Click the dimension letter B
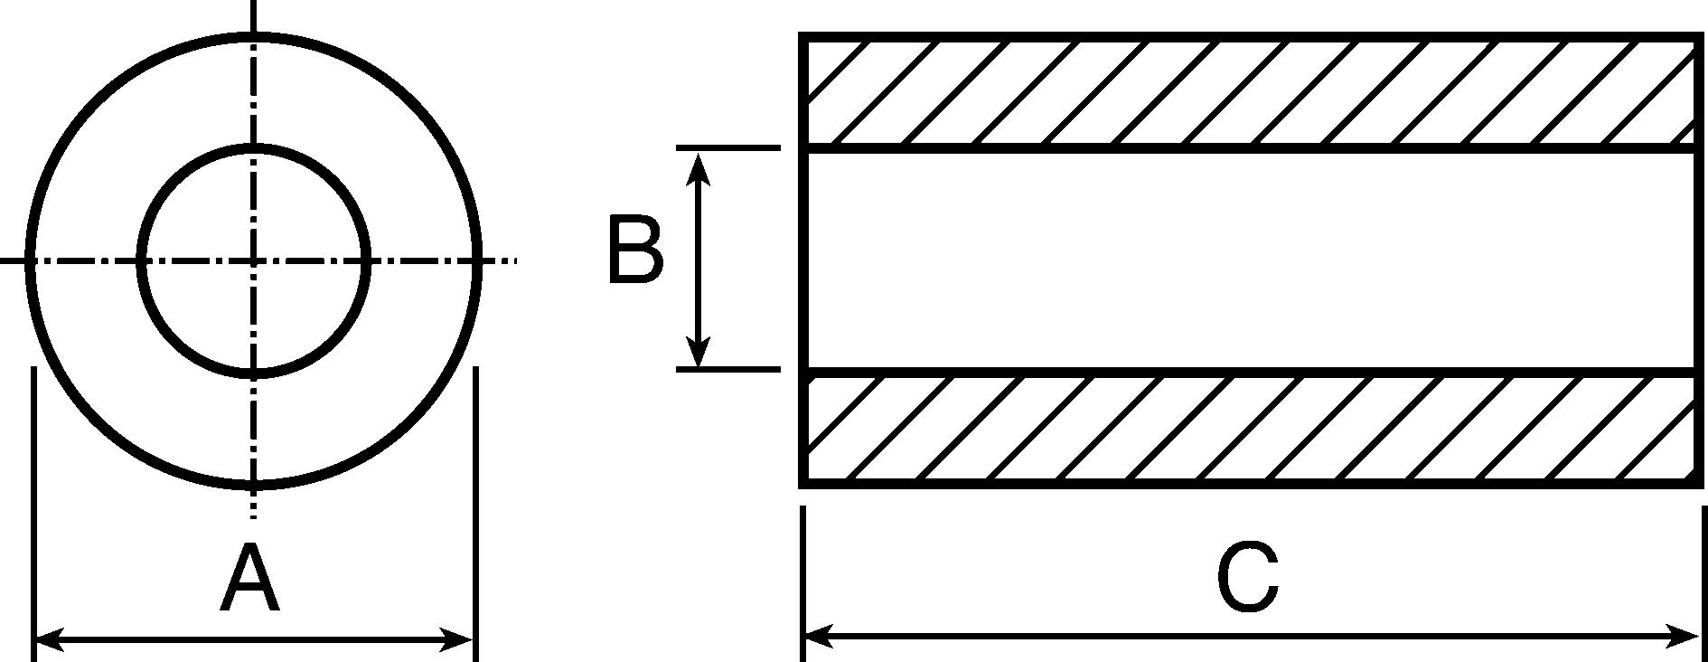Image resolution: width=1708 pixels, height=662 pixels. (x=635, y=250)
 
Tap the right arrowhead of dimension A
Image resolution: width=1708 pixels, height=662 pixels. (x=458, y=641)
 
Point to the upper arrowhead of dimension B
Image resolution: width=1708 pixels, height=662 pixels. (x=698, y=169)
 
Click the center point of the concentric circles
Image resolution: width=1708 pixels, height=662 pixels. (x=254, y=261)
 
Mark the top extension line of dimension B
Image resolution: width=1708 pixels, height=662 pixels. (x=728, y=147)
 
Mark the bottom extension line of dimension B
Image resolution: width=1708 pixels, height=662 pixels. (x=728, y=369)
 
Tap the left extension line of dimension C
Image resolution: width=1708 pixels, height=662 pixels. (x=802, y=583)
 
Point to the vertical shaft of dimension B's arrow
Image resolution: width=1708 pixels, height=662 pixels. (x=698, y=260)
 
